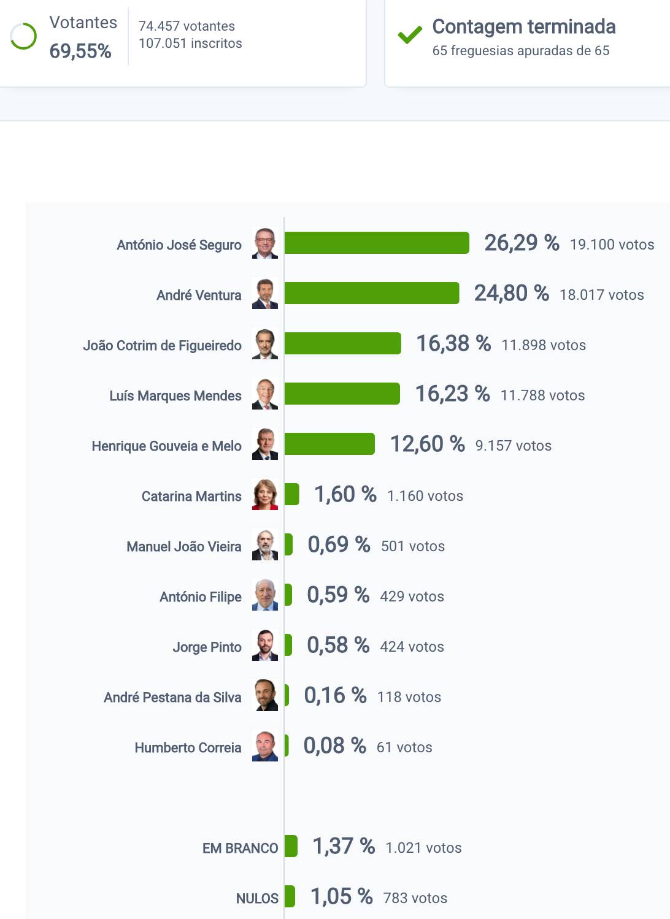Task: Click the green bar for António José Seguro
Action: click(x=377, y=243)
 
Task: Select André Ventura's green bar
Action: click(x=372, y=293)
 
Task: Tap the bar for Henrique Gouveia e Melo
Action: click(x=329, y=444)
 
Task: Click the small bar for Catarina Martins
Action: click(x=292, y=494)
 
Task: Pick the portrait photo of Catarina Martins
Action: click(x=265, y=494)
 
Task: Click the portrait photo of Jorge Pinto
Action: click(x=265, y=645)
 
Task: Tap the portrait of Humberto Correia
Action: click(x=265, y=745)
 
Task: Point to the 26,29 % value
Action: click(x=522, y=243)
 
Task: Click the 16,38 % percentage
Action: click(x=453, y=343)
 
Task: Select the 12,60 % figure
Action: click(x=427, y=444)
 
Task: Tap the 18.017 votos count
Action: click(x=601, y=295)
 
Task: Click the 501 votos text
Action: click(x=412, y=546)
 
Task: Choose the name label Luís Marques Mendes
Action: click(x=175, y=396)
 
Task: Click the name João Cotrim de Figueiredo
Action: click(x=162, y=346)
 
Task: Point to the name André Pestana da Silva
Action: click(x=172, y=698)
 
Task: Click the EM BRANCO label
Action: click(x=240, y=848)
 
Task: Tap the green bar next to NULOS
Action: click(x=290, y=896)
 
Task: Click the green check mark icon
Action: click(x=409, y=36)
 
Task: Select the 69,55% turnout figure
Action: click(x=80, y=51)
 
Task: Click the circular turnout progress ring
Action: click(x=23, y=36)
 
